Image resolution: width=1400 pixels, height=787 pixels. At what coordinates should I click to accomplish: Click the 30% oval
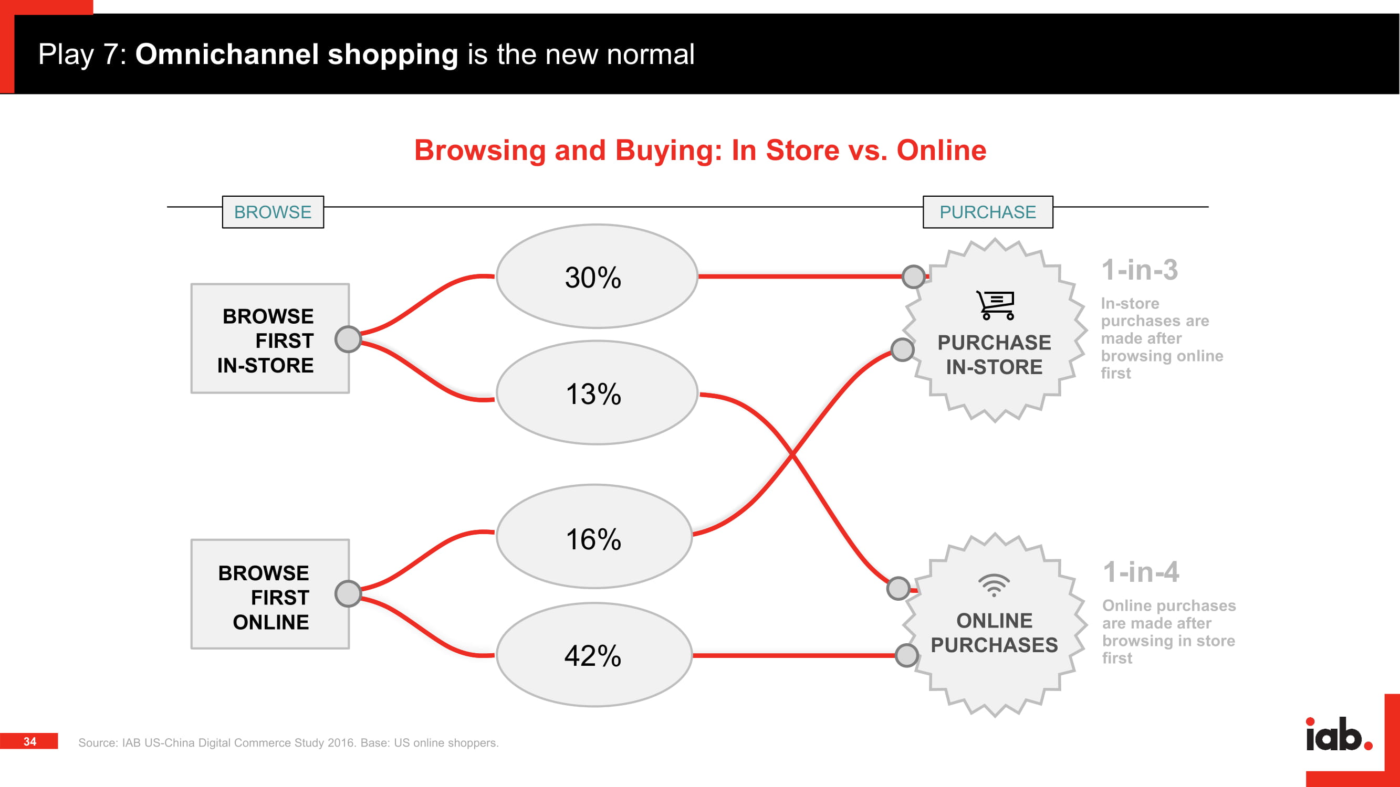597,276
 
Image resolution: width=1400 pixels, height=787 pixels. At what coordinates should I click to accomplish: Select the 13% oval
597,392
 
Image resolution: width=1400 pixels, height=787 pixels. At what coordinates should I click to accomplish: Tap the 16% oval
594,537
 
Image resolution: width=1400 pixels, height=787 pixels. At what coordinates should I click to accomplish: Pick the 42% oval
594,654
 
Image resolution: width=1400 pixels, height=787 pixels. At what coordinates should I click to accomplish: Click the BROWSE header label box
273,212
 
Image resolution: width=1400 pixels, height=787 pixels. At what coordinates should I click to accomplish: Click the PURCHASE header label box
987,212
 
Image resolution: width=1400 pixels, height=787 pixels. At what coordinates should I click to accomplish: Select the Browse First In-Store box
270,338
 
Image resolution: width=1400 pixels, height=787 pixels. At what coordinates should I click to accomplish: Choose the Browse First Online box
270,594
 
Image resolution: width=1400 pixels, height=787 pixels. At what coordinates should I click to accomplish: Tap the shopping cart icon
995,305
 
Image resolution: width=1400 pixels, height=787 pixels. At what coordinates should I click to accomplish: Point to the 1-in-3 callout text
1140,270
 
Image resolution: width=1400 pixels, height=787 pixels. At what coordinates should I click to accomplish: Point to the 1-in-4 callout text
1141,572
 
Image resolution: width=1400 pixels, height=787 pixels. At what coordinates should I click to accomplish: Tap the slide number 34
30,741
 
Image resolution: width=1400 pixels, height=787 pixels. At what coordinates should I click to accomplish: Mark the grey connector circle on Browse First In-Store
348,339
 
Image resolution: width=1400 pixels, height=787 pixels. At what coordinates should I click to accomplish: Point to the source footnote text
289,742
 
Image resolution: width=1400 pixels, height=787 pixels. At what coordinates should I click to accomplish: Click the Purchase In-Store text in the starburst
994,355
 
